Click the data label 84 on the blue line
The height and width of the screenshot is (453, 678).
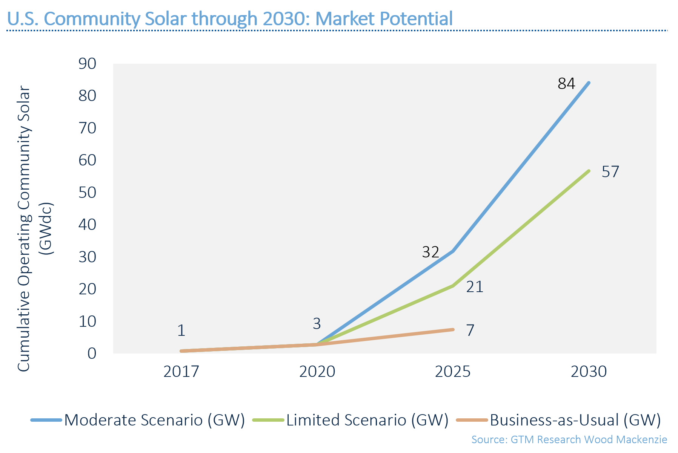click(x=566, y=84)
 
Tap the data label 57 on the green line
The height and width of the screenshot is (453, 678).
click(x=610, y=172)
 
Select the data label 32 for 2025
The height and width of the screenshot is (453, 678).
click(x=430, y=252)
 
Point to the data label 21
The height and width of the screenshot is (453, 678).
click(x=475, y=287)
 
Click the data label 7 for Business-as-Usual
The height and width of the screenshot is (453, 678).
click(x=470, y=331)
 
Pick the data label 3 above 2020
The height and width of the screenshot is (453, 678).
click(x=317, y=324)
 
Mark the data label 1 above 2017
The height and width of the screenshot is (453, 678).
click(x=181, y=331)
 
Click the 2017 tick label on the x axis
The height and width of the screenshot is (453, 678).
click(x=181, y=372)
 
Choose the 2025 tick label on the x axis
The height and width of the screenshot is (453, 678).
click(x=453, y=372)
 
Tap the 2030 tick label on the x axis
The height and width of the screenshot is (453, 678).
click(x=589, y=372)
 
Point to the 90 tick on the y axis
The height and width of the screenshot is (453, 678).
click(x=88, y=64)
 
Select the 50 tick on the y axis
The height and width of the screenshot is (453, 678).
click(x=88, y=193)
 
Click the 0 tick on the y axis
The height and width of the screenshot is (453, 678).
click(x=92, y=354)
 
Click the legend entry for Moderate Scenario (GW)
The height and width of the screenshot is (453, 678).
click(x=138, y=420)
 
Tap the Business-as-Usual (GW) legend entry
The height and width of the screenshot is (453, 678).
click(x=558, y=420)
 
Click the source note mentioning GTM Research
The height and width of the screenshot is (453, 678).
click(x=569, y=440)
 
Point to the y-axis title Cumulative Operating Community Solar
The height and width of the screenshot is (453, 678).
click(x=24, y=229)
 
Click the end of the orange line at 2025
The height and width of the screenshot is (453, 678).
click(x=453, y=330)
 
